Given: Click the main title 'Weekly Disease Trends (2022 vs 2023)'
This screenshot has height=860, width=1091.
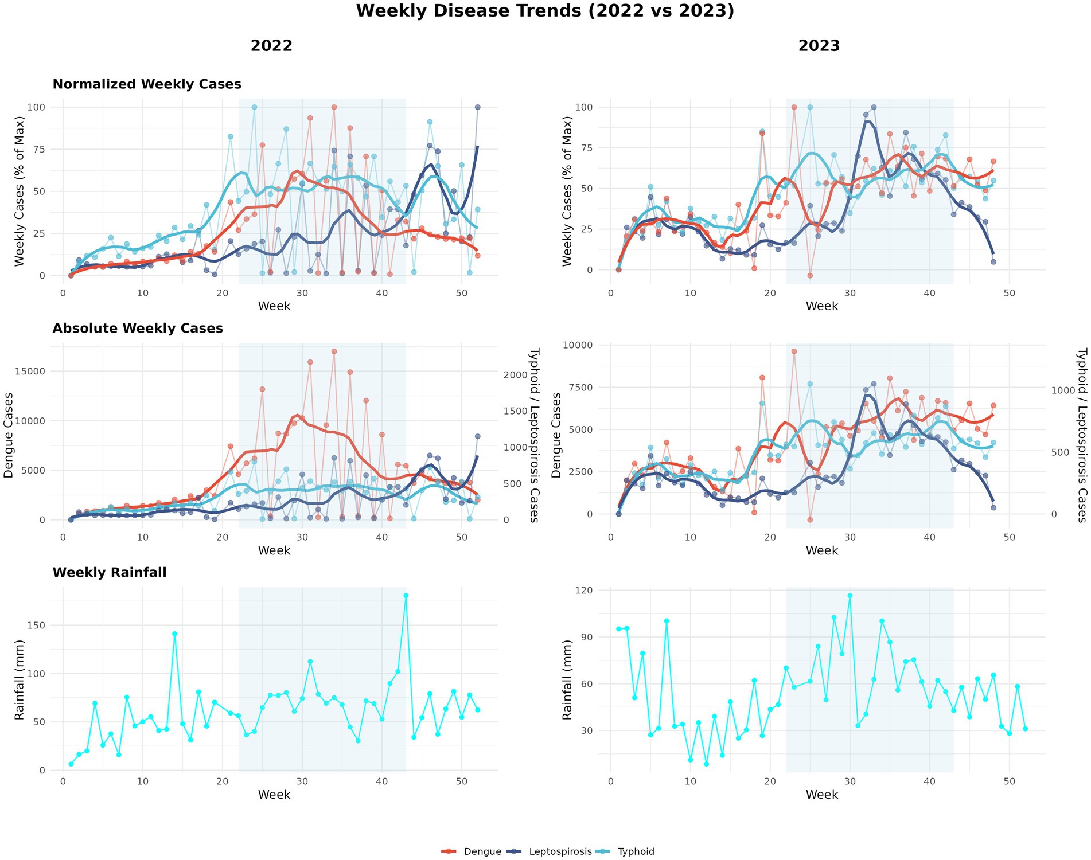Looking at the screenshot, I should pos(545,11).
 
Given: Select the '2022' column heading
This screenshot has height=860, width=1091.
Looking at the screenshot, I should pos(271,46).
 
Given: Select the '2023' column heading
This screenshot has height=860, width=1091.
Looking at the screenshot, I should pos(819,46).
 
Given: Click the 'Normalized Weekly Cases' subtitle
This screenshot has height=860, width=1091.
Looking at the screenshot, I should pos(147,84).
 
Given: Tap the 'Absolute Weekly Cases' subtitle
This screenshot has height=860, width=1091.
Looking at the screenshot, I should pos(138,329).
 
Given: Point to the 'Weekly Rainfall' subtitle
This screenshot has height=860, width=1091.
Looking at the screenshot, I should pos(110,573).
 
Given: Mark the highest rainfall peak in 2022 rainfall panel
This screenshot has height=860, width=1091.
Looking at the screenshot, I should pos(406,596).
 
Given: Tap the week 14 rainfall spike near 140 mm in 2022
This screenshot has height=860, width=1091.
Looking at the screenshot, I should pos(174,634).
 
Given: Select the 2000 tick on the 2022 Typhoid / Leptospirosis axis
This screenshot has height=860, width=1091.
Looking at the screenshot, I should pos(515,375).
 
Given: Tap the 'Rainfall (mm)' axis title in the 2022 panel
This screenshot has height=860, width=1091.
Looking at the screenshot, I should pos(20,679).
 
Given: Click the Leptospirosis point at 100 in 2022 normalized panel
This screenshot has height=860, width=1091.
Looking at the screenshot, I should pos(477,107).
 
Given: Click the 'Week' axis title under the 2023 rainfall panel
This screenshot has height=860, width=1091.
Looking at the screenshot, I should pos(821,795).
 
